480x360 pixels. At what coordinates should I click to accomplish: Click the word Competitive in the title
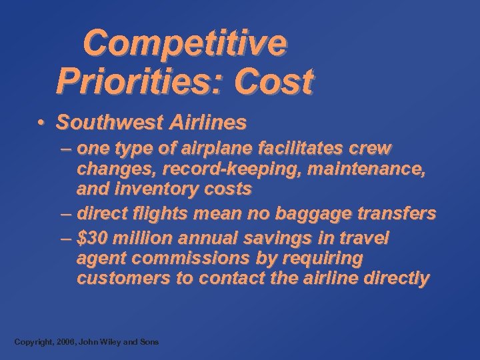(x=185, y=44)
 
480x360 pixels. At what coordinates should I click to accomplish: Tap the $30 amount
(x=91, y=238)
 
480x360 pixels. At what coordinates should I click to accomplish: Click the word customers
(x=123, y=279)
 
